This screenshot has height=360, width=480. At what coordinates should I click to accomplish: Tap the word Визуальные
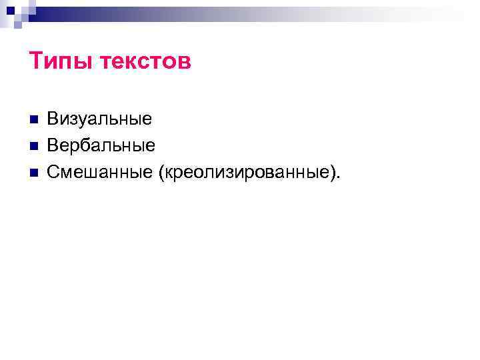click(x=99, y=119)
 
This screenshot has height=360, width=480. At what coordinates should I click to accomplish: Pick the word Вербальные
click(x=101, y=145)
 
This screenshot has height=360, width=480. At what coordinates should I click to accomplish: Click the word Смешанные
click(x=100, y=172)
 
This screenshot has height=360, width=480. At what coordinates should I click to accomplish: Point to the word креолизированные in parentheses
click(x=247, y=173)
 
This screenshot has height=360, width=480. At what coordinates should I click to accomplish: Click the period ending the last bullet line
click(x=339, y=178)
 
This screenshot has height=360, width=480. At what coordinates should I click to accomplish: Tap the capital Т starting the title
click(x=37, y=61)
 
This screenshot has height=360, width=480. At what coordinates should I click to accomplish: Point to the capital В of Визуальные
click(x=53, y=119)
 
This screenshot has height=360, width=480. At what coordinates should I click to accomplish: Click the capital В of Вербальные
click(x=53, y=145)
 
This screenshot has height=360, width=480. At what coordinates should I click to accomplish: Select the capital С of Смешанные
click(x=53, y=172)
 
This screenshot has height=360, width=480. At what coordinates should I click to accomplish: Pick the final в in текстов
click(x=184, y=63)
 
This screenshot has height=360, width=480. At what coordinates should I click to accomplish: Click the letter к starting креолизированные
click(x=168, y=173)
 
